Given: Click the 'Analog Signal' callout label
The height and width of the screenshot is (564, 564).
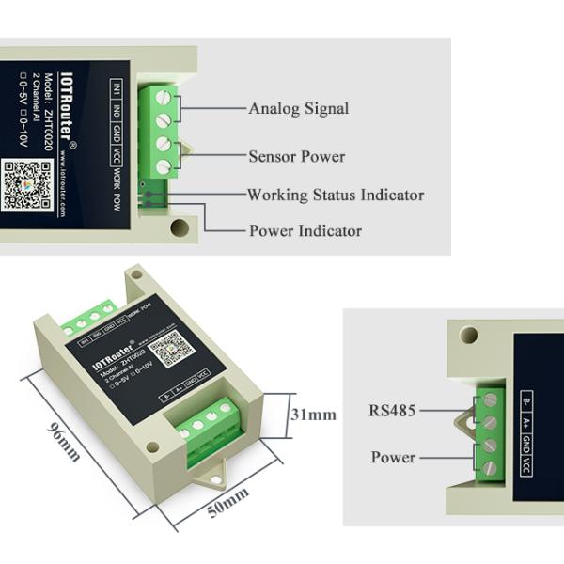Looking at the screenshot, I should click(298, 108).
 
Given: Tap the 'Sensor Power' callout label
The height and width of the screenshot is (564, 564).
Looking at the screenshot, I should click(296, 156).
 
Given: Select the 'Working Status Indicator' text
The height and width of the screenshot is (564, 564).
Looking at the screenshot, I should click(335, 196).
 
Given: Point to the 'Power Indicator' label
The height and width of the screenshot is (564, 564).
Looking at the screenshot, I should click(305, 230).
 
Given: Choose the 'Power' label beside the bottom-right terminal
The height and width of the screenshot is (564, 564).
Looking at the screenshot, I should click(393, 458).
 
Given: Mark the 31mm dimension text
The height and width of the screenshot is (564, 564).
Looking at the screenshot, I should click(313, 414).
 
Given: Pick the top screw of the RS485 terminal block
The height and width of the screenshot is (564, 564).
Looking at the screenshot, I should click(486, 398).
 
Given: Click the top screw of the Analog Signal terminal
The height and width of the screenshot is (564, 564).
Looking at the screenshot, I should click(162, 96).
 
